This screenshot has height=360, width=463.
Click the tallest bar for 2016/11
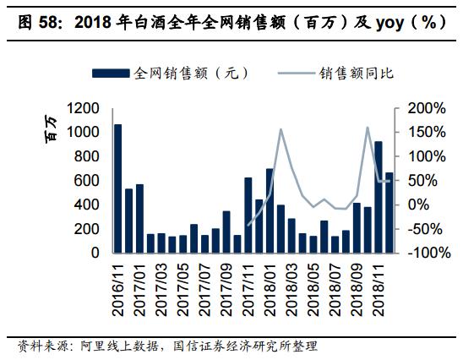117,188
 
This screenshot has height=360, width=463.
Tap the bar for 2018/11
378,197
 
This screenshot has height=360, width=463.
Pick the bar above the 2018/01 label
270,210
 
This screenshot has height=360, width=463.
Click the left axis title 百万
52,127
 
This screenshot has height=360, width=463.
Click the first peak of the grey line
280,129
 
